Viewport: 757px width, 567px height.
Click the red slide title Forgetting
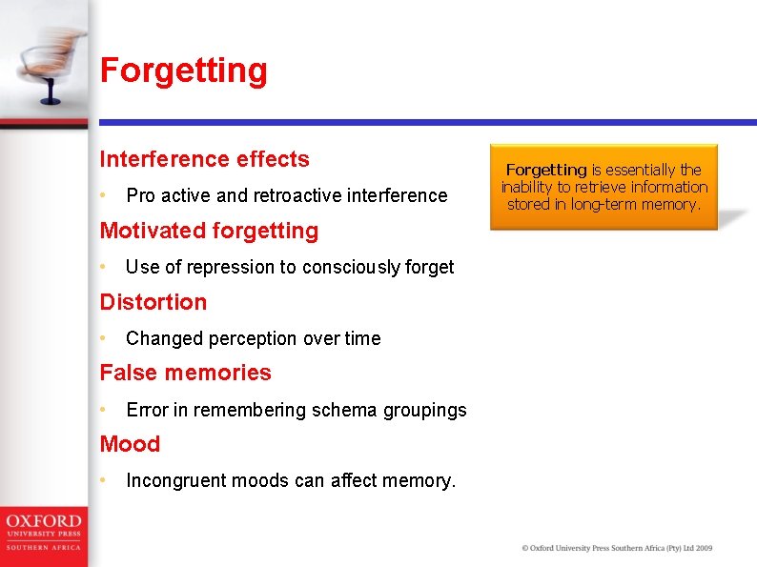pos(184,71)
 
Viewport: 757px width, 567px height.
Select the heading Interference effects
pos(205,159)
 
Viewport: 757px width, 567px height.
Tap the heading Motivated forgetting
pos(209,231)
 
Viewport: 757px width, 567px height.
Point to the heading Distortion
pos(153,302)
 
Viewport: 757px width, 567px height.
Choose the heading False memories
pos(186,373)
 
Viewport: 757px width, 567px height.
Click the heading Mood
pos(130,444)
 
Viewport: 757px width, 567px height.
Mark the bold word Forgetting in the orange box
pos(545,170)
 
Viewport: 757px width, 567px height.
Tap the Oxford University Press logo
pos(43,532)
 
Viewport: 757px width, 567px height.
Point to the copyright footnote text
pos(617,548)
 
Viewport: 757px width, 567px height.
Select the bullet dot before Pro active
pos(104,195)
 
